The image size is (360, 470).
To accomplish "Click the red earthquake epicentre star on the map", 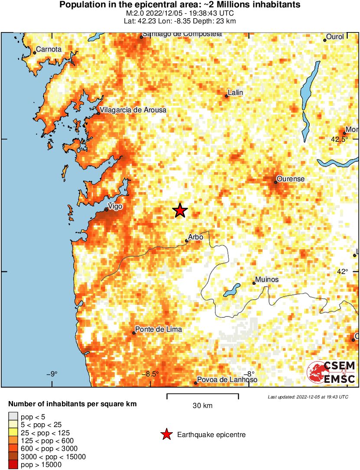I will tap(180, 211).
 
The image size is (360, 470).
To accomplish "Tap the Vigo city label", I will tap(115, 206).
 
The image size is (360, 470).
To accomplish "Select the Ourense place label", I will tap(290, 179).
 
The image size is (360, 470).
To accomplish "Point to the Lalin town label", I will tap(236, 93).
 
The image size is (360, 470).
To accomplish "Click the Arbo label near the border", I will tap(195, 237).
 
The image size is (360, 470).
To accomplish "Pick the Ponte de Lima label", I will tap(158, 330).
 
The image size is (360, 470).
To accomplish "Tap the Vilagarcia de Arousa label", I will tap(133, 110).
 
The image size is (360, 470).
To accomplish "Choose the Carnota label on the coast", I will tap(49, 49).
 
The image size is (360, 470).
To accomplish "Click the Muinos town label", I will tap(267, 280).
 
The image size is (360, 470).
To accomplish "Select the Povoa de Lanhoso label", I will tap(227, 380).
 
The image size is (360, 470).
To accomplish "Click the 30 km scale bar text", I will tap(202, 406).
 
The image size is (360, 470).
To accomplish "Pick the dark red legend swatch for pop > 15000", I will tap(13, 465).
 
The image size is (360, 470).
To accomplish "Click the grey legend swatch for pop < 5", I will tap(13, 417).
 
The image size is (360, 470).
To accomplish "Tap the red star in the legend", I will tap(166, 434).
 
